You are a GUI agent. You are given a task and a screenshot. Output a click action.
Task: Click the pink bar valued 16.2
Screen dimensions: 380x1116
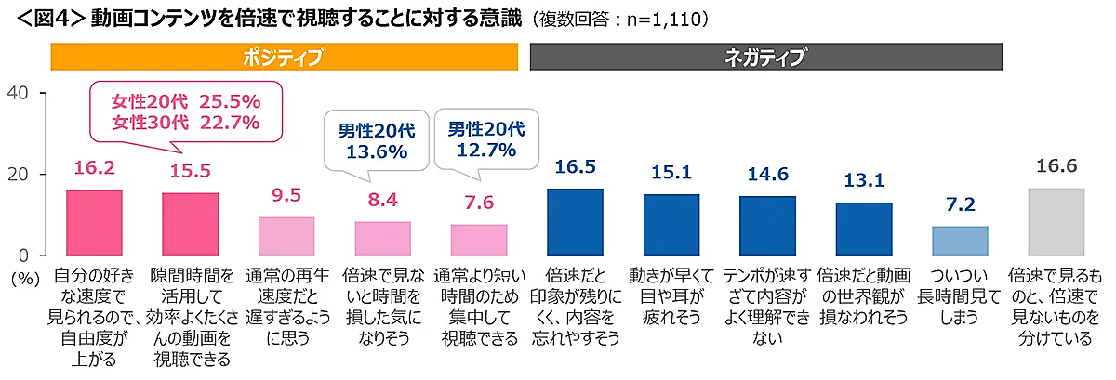pos(94,223)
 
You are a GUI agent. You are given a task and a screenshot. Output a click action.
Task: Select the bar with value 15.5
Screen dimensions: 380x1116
pos(191,224)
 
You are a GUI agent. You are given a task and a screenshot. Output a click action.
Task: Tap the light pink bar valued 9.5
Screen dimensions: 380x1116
pos(286,236)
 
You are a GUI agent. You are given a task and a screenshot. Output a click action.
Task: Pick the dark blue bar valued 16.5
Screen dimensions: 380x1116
pos(575,222)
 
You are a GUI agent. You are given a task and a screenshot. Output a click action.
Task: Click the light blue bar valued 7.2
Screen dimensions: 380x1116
pos(960,241)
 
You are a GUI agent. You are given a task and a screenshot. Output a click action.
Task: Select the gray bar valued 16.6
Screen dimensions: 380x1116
pos(1056,222)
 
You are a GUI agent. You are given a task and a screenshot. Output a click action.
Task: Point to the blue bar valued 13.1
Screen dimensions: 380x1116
pos(863,229)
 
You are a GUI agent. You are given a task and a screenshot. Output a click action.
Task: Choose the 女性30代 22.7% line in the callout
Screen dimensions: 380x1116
pos(185,122)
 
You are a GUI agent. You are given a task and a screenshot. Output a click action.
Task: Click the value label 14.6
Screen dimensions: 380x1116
pos(767,175)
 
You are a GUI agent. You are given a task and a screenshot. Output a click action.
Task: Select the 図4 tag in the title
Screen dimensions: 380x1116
pos(46,19)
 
